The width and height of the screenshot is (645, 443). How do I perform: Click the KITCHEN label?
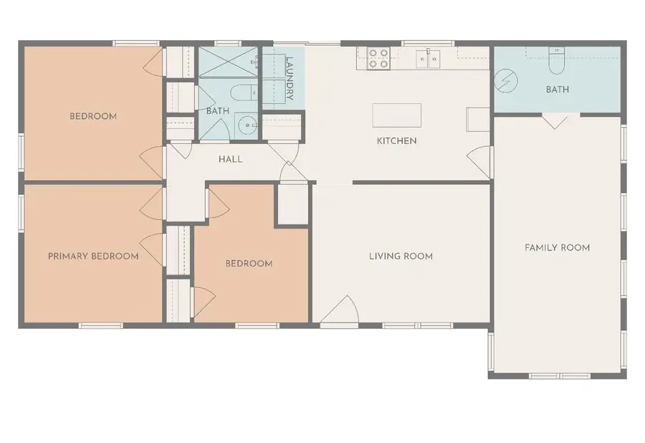[x=396, y=141]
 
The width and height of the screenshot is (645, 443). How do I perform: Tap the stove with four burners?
[x=378, y=58]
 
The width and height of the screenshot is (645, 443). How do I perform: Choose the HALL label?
[x=230, y=159]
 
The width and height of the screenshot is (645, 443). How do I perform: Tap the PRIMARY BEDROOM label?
[x=93, y=256]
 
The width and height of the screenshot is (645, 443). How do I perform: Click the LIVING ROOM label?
[x=401, y=256]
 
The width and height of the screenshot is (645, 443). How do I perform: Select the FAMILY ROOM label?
[x=557, y=247]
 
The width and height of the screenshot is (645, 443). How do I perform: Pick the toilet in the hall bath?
[x=244, y=92]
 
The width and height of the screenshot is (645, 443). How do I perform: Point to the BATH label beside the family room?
[x=557, y=90]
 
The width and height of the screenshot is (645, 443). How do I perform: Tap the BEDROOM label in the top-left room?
[x=93, y=116]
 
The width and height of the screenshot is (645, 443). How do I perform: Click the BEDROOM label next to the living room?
[x=249, y=263]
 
